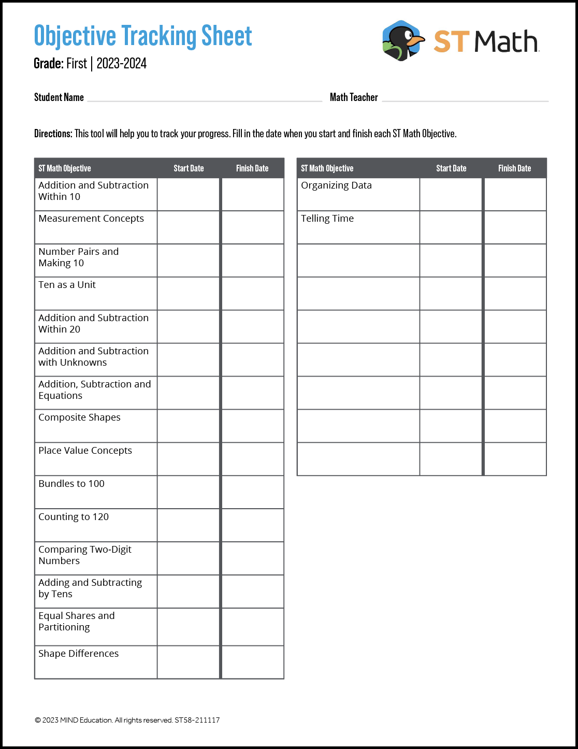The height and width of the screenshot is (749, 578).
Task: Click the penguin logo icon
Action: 402,41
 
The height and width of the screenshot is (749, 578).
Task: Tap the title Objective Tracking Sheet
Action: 142,36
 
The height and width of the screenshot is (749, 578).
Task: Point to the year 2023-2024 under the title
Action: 122,64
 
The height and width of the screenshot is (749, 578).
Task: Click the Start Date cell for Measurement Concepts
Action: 189,227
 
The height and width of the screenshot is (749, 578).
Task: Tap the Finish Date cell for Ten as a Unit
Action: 253,294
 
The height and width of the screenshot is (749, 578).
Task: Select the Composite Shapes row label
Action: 79,417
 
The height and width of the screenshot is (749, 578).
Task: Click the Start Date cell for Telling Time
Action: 451,227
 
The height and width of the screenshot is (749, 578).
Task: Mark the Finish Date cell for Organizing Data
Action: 515,194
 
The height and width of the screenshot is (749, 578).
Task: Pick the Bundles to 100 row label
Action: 71,484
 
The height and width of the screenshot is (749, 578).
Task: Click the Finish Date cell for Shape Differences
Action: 253,662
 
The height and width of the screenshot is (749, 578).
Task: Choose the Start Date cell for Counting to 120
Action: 189,525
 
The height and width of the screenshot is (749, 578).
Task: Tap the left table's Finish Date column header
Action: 252,168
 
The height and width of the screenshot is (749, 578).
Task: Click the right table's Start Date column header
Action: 451,168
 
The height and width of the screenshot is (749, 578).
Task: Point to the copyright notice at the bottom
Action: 127,720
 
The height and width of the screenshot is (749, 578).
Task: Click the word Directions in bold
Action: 53,134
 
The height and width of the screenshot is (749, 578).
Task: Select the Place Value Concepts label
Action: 85,451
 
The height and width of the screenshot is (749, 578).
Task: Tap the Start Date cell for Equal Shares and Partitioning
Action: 189,627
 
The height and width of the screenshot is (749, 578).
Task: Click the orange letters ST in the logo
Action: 451,41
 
